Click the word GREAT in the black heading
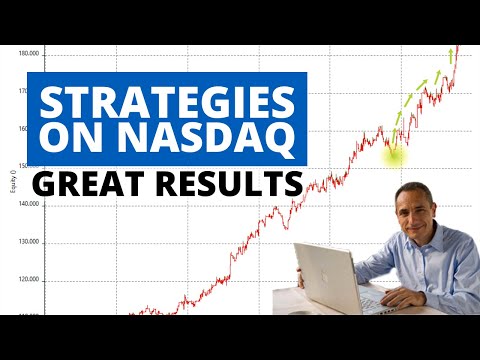coord(86,185)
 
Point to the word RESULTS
coord(227,185)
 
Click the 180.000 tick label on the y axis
coord(28,54)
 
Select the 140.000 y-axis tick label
coord(28,203)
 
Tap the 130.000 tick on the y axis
coord(28,241)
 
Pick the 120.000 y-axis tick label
coord(28,279)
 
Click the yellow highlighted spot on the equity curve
coord(393,152)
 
